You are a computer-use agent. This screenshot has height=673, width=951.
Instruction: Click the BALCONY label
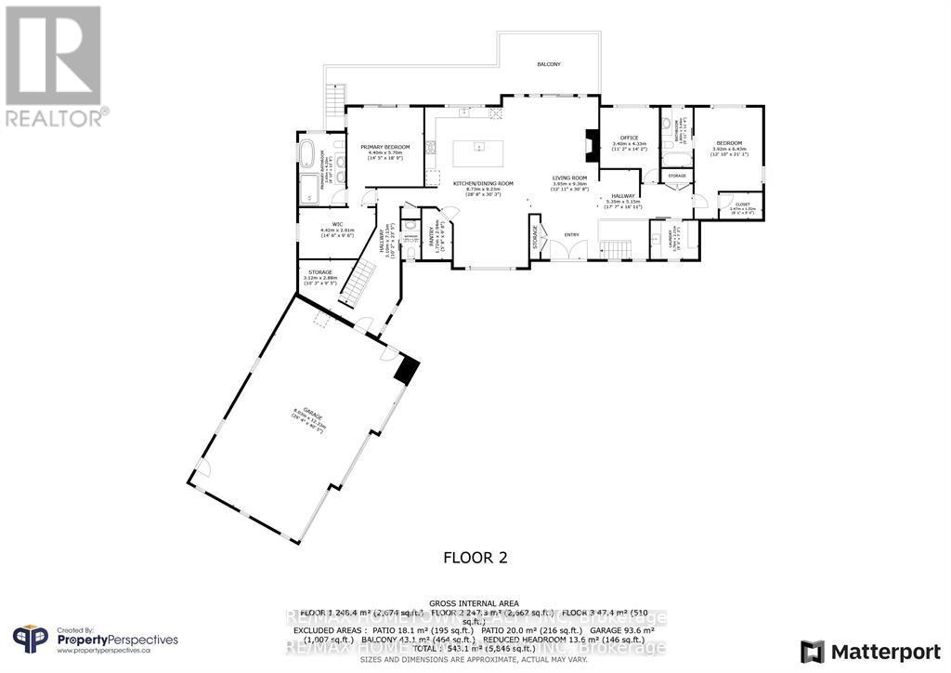(x=548, y=64)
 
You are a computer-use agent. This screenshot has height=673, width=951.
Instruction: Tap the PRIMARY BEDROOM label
(x=384, y=147)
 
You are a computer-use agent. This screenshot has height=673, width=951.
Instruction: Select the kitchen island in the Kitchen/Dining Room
(x=479, y=147)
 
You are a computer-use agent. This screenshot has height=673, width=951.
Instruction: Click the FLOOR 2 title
(x=475, y=557)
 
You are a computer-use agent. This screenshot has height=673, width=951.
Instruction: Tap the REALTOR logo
(x=54, y=66)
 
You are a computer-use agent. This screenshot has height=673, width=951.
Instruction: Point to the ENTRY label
(x=572, y=234)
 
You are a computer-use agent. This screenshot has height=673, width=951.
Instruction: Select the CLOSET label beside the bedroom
(x=742, y=205)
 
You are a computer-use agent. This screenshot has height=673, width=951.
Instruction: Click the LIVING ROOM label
(x=570, y=178)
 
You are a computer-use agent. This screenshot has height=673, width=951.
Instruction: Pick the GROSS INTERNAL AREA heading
(x=475, y=603)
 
